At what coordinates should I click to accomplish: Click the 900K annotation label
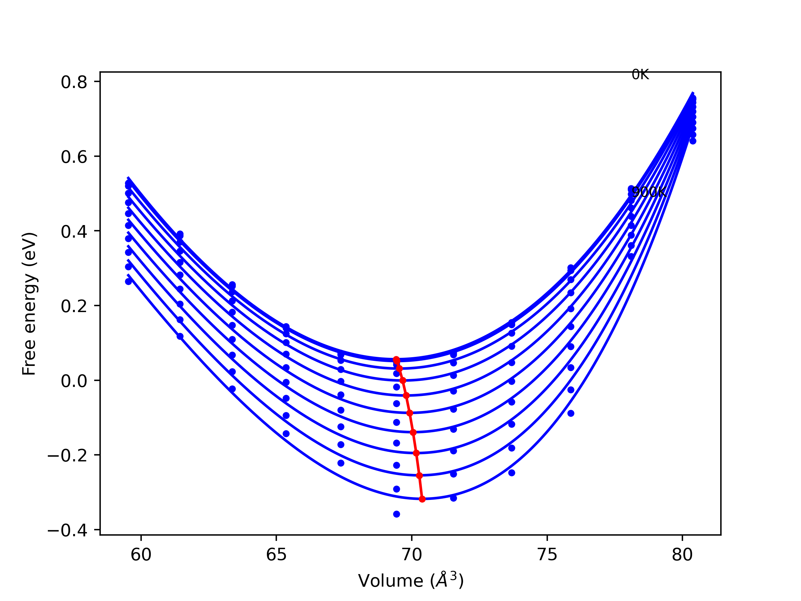pyautogui.click(x=649, y=192)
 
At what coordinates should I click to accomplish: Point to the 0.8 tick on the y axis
pyautogui.click(x=74, y=82)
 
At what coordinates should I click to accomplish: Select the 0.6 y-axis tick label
pyautogui.click(x=74, y=157)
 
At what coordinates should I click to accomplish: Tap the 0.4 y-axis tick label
pyautogui.click(x=74, y=232)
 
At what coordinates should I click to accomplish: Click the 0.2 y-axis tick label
pyautogui.click(x=74, y=306)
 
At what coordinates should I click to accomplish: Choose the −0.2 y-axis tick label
pyautogui.click(x=67, y=455)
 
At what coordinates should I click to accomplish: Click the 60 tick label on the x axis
pyautogui.click(x=141, y=555)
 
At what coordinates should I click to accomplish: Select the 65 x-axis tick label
pyautogui.click(x=276, y=555)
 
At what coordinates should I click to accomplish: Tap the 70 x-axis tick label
pyautogui.click(x=412, y=555)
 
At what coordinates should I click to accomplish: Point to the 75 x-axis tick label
pyautogui.click(x=547, y=555)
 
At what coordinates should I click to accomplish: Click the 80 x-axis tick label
pyautogui.click(x=682, y=555)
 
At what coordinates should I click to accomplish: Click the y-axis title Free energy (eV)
pyautogui.click(x=29, y=304)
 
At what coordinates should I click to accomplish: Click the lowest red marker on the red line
pyautogui.click(x=422, y=499)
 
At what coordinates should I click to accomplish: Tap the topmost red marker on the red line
pyautogui.click(x=396, y=359)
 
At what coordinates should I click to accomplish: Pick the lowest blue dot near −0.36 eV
pyautogui.click(x=396, y=514)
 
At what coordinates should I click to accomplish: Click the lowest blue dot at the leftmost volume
pyautogui.click(x=129, y=281)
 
